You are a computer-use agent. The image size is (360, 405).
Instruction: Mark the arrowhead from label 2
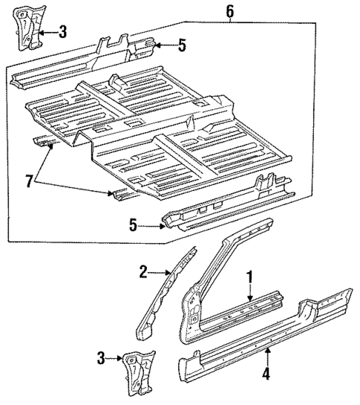tap(168, 274)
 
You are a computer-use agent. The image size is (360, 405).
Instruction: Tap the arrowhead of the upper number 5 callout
tap(158, 46)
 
